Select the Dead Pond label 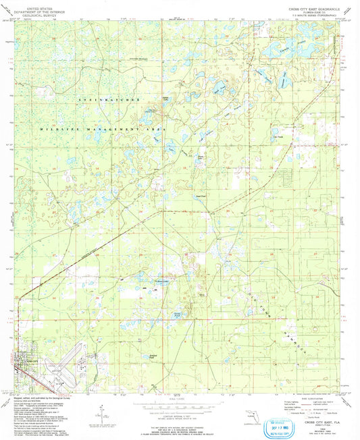[200, 197]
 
